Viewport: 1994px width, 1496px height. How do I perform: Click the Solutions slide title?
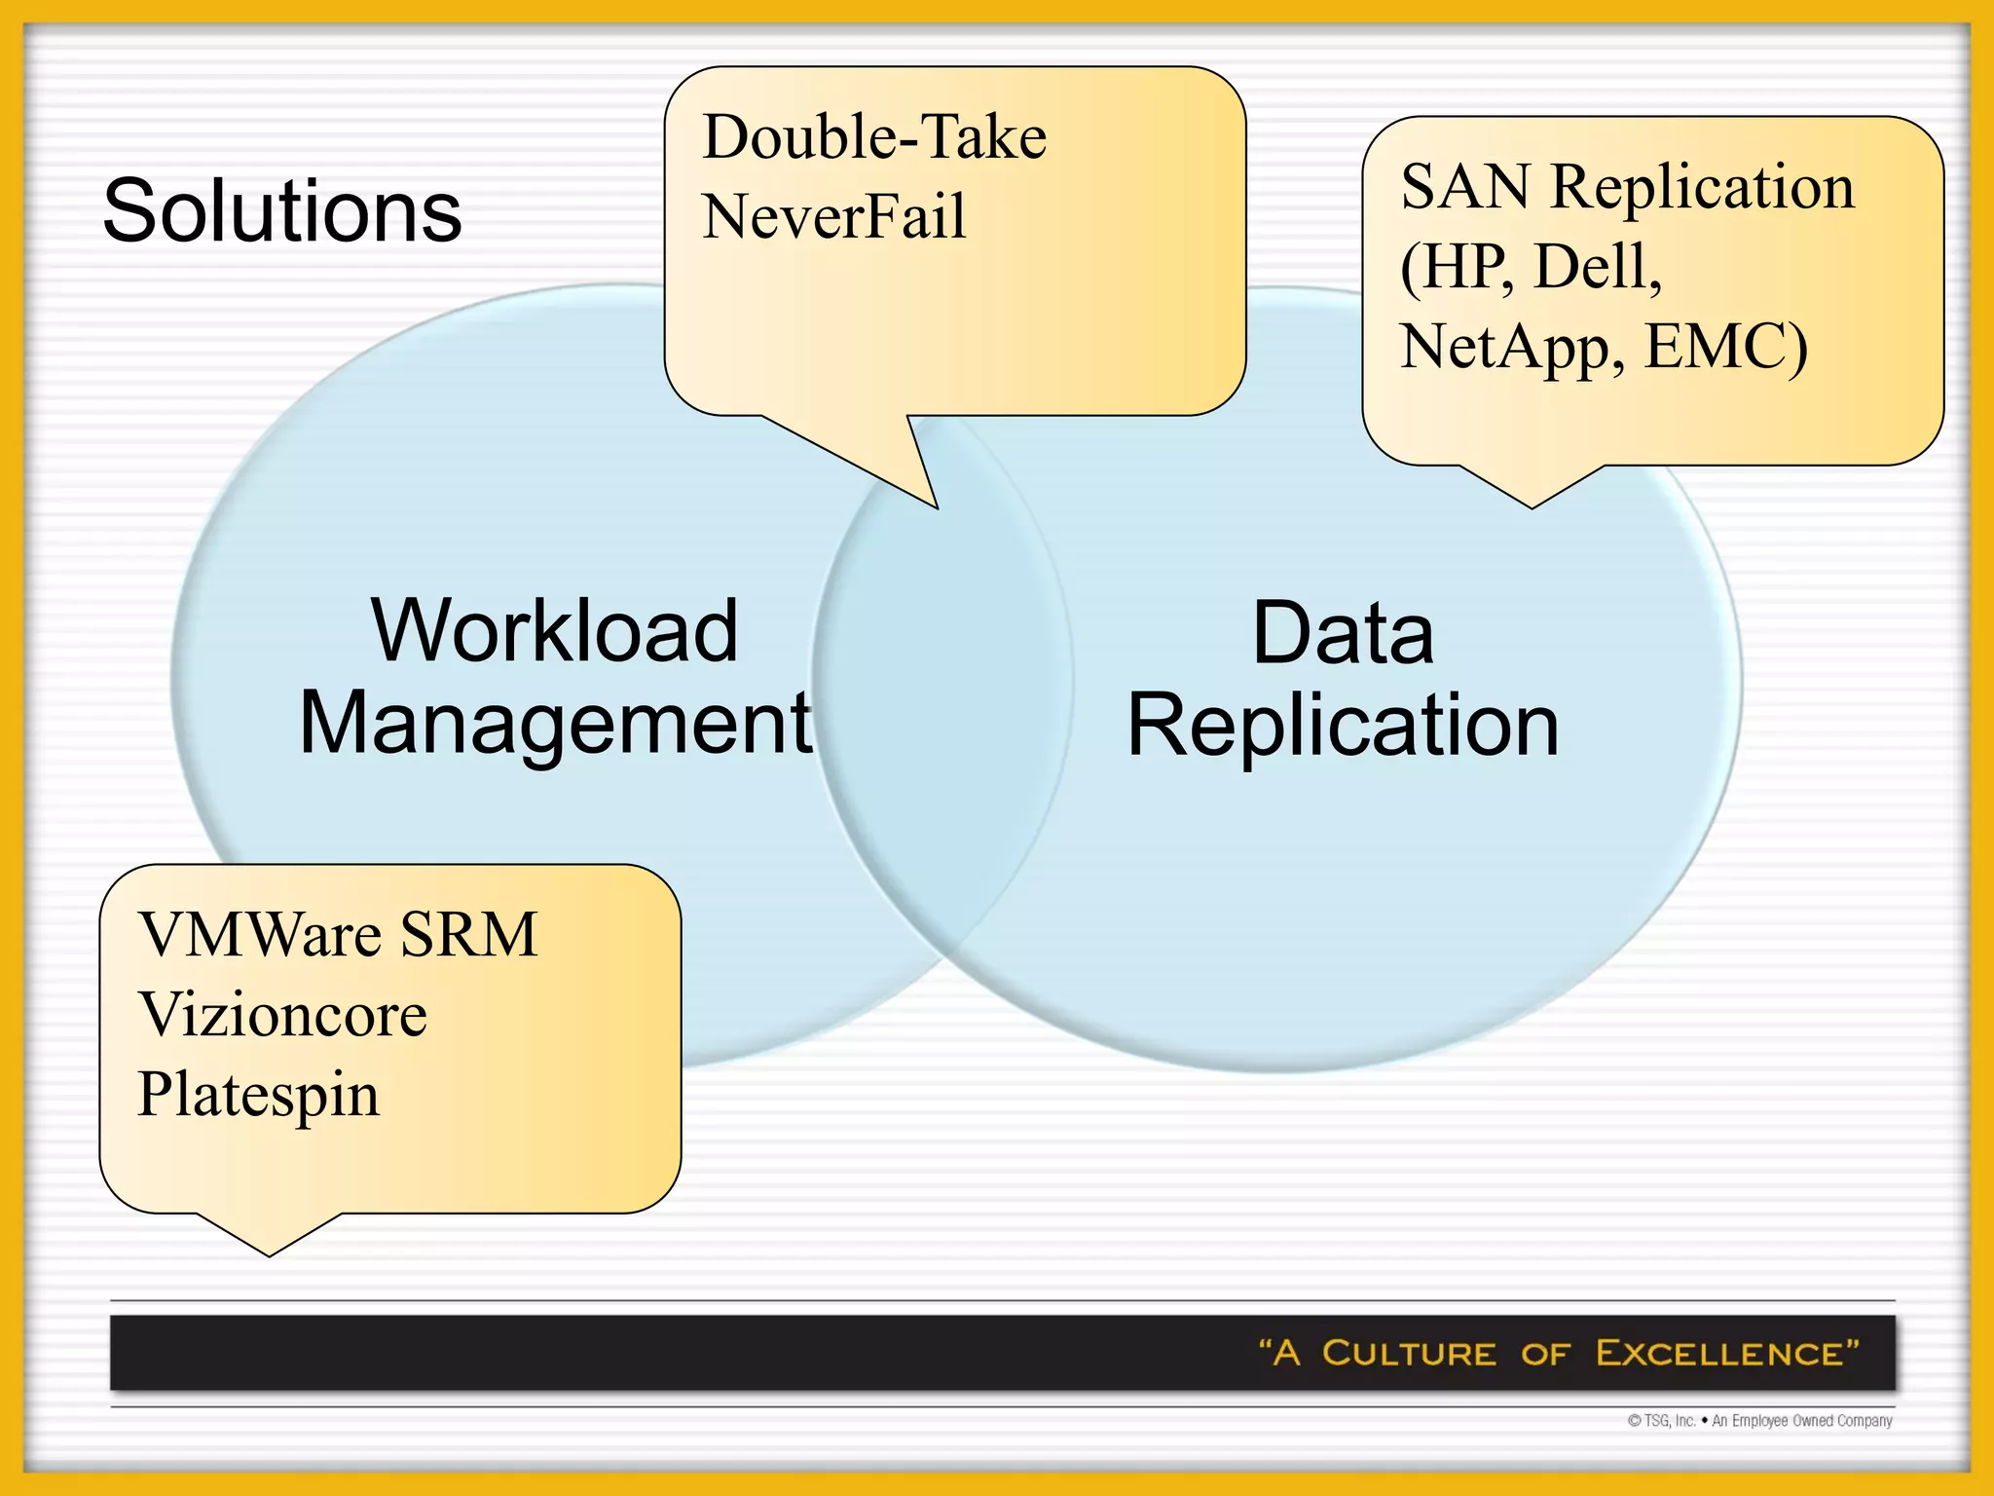click(282, 211)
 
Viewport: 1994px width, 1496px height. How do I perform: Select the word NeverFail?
click(833, 216)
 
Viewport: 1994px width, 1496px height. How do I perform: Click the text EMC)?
click(1725, 347)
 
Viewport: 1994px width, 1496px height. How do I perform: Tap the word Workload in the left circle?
click(554, 631)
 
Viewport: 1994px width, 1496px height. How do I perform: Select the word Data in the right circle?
click(1343, 633)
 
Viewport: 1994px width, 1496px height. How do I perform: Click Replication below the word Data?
click(1343, 725)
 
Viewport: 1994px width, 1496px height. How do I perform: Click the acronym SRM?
click(468, 935)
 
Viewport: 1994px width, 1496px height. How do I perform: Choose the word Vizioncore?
click(282, 1015)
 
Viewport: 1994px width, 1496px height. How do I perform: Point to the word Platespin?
click(258, 1095)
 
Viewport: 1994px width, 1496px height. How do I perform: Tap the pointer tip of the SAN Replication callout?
click(1532, 506)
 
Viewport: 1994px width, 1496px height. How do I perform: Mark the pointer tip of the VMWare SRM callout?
click(270, 1254)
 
